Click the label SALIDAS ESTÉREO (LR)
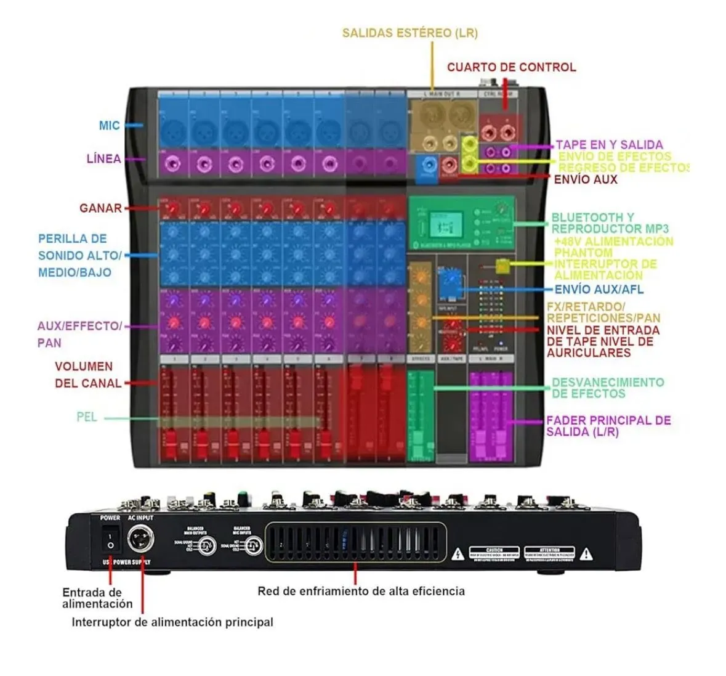[409, 33]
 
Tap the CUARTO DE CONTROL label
[511, 67]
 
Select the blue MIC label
[109, 126]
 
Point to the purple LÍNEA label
[103, 159]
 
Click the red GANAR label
[100, 208]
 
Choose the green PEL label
[87, 417]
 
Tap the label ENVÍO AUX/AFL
[599, 289]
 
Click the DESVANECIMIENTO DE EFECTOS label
[607, 388]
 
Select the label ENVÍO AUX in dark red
[585, 179]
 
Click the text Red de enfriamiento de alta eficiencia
[361, 591]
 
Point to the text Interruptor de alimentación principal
[172, 622]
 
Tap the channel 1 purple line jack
[174, 165]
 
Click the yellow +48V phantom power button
[502, 266]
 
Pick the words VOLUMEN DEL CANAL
[88, 375]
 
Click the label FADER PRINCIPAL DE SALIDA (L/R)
[608, 426]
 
